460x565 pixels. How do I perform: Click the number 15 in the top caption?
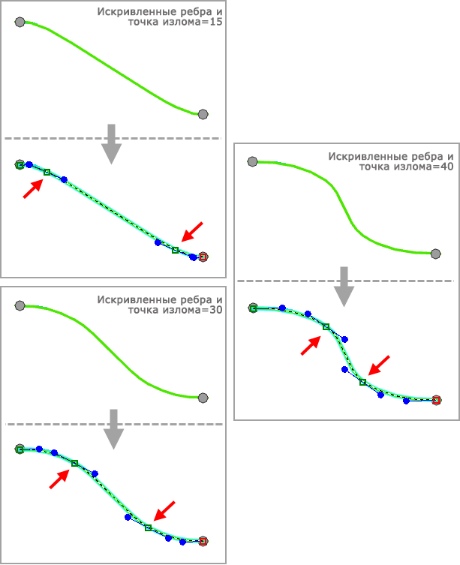(x=216, y=22)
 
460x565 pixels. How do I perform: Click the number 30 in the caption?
(x=216, y=310)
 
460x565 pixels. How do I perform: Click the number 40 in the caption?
(x=447, y=167)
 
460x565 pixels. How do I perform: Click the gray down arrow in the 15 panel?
(x=111, y=144)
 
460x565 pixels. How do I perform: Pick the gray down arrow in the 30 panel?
(x=113, y=429)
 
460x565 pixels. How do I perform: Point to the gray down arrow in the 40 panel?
(x=344, y=287)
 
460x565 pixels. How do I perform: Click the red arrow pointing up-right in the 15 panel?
(x=33, y=189)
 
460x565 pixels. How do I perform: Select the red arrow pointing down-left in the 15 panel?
(x=192, y=232)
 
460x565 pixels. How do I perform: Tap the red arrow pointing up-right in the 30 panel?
(x=59, y=479)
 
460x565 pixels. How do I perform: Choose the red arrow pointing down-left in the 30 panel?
(x=164, y=511)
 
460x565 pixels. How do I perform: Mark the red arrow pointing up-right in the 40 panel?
(x=311, y=346)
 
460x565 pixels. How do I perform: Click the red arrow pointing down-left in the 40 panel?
(x=379, y=365)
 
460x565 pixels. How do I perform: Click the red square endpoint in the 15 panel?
(x=203, y=257)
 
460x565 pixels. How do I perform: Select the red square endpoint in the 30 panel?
(x=203, y=541)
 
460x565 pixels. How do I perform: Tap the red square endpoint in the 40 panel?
(x=436, y=400)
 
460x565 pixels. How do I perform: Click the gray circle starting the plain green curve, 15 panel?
(x=20, y=22)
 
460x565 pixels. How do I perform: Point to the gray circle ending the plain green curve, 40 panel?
(x=435, y=254)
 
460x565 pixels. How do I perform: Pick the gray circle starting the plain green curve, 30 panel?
(x=20, y=305)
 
